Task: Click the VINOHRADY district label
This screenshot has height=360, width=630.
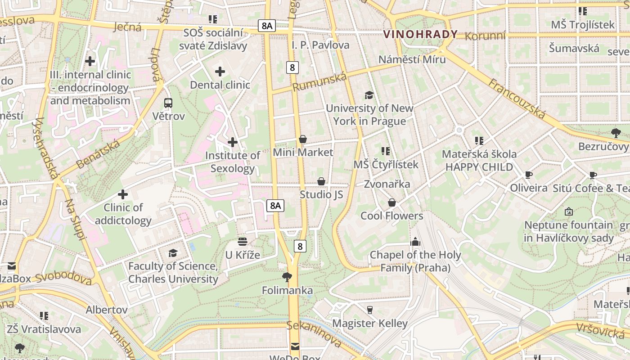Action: pyautogui.click(x=420, y=34)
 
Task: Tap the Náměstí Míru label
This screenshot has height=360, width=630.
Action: pyautogui.click(x=412, y=59)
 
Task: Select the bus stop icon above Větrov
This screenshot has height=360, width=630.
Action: pyautogui.click(x=168, y=103)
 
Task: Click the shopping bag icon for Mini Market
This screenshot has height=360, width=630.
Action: pyautogui.click(x=303, y=139)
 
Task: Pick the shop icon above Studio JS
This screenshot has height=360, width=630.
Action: pyautogui.click(x=321, y=181)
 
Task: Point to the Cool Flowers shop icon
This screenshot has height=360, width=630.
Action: pyautogui.click(x=392, y=202)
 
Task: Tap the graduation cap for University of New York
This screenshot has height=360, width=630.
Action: pyautogui.click(x=369, y=95)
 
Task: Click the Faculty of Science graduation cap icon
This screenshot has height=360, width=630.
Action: pyautogui.click(x=173, y=253)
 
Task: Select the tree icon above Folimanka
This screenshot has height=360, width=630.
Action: pyautogui.click(x=287, y=277)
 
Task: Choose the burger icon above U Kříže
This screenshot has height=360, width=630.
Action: pyautogui.click(x=243, y=242)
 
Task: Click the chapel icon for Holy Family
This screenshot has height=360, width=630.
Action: pyautogui.click(x=415, y=242)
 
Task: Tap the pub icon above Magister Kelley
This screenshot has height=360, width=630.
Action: pyautogui.click(x=370, y=310)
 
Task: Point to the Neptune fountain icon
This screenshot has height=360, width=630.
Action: pyautogui.click(x=569, y=211)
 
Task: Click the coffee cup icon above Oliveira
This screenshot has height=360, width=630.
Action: pyautogui.click(x=529, y=175)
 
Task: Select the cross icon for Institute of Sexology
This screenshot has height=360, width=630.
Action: pyautogui.click(x=233, y=142)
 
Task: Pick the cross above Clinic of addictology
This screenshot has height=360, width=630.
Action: pyautogui.click(x=123, y=194)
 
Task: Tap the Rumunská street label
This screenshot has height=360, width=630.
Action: pyautogui.click(x=320, y=82)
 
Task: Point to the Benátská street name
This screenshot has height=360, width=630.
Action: pyautogui.click(x=98, y=154)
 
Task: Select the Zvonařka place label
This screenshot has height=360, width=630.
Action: pyautogui.click(x=387, y=184)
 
